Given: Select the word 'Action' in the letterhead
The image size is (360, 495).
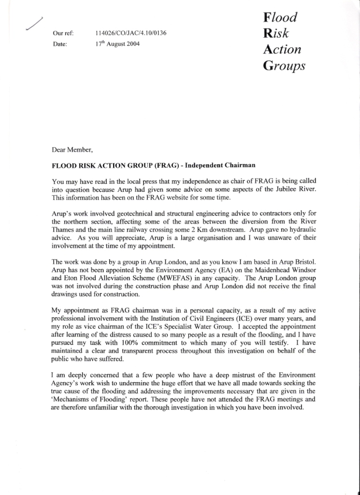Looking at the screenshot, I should point(282,49).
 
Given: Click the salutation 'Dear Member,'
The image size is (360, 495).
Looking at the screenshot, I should point(72,149).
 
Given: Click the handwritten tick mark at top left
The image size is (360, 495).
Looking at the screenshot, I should point(34,23).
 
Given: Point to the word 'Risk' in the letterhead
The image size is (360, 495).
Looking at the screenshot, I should point(276,33).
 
